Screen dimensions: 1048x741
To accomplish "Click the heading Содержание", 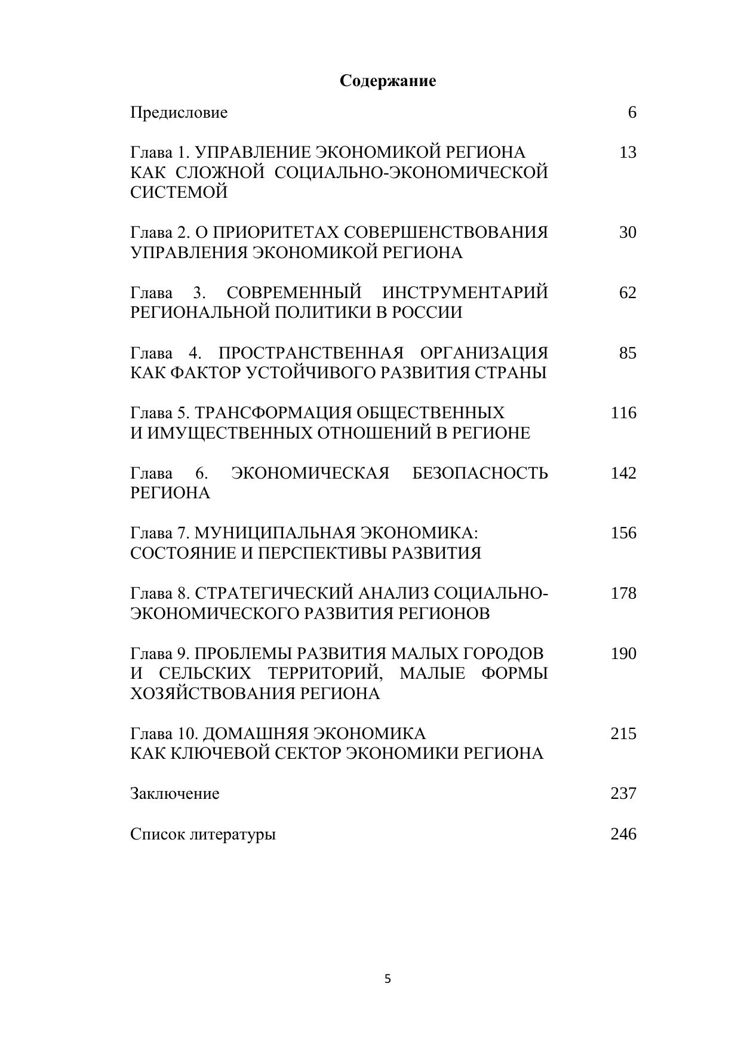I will click(388, 81).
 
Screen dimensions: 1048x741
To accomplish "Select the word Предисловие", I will click(179, 112).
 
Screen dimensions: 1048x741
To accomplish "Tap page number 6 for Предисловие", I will click(632, 112).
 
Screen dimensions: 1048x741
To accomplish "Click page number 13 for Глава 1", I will click(628, 152).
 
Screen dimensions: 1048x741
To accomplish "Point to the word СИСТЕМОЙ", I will click(179, 192).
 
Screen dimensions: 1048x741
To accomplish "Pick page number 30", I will click(628, 232).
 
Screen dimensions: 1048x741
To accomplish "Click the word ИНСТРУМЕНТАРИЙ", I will click(465, 293).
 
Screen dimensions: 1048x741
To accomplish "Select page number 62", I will click(628, 293).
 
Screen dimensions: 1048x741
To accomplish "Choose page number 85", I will click(628, 353).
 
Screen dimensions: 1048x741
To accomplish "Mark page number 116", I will click(623, 413).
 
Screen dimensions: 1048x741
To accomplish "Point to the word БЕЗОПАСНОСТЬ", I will click(480, 473).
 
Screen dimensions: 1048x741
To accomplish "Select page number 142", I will click(623, 473).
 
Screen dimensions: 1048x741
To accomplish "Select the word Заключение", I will click(174, 793).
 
